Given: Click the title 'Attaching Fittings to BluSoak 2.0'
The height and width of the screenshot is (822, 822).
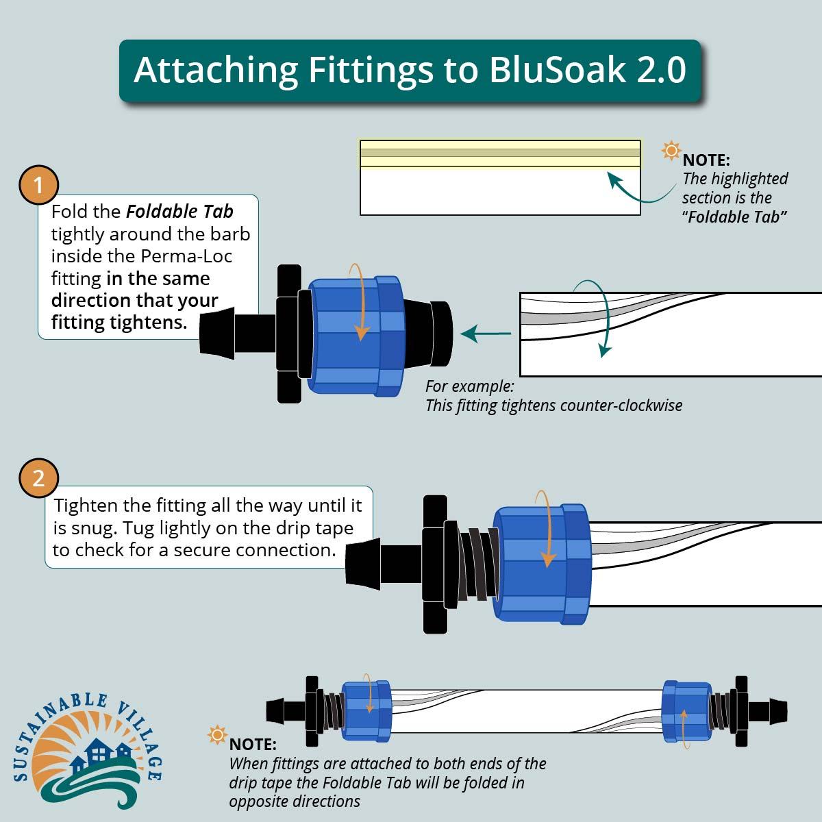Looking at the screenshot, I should pos(410,71).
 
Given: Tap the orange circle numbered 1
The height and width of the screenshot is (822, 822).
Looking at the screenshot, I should pos(38,185).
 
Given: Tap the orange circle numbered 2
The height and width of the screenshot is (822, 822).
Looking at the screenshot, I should pos(38,477).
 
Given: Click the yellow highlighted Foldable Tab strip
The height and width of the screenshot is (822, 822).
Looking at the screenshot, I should pos(500,153).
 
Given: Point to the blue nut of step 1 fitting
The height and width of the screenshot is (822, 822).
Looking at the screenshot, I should pos(353,336).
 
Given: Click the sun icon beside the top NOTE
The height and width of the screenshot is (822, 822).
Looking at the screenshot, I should pos(671,151).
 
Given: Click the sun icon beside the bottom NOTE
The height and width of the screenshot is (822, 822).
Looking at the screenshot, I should pos(217,736).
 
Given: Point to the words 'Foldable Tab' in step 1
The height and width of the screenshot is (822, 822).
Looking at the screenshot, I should pos(179,212).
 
